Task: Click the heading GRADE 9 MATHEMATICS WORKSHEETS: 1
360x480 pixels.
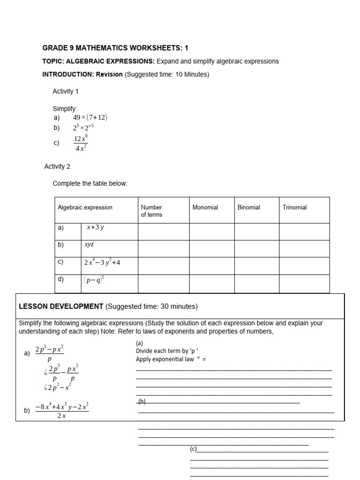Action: click(x=115, y=48)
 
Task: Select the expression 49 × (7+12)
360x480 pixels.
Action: click(x=93, y=118)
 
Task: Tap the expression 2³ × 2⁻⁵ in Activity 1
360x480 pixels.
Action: click(x=83, y=127)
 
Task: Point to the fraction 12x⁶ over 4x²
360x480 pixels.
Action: click(x=80, y=143)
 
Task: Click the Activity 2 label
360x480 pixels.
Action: click(x=57, y=166)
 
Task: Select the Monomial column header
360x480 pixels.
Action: click(x=205, y=207)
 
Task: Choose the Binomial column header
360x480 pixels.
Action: click(x=248, y=207)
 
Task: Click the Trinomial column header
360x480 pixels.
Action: click(x=294, y=207)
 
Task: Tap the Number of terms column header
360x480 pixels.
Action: click(x=151, y=211)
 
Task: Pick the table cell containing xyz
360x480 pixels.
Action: click(x=89, y=245)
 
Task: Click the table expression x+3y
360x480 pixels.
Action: click(x=95, y=227)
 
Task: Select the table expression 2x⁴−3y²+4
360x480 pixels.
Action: click(x=102, y=262)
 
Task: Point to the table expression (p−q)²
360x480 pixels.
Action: click(x=94, y=280)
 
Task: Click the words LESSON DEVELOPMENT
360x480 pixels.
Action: click(x=61, y=307)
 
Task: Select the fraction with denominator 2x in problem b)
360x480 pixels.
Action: click(x=61, y=411)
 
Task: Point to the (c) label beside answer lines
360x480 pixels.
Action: click(x=194, y=449)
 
